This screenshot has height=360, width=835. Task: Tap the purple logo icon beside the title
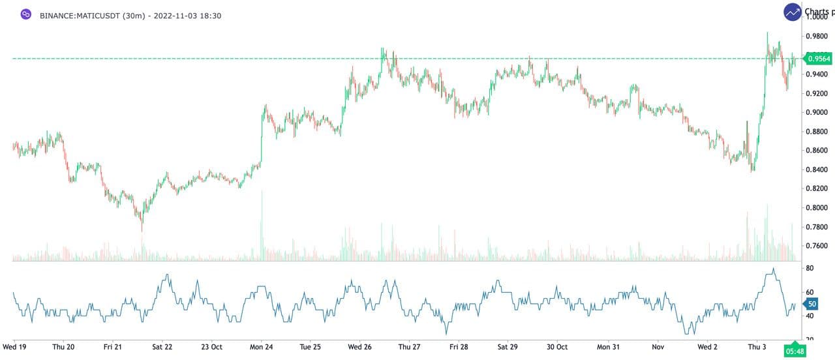tap(26, 14)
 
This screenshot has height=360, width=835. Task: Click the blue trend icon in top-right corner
tap(793, 12)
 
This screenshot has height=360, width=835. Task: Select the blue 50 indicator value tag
tap(811, 304)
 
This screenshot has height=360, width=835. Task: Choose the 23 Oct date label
tap(212, 347)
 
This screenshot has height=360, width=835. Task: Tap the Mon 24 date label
tap(261, 347)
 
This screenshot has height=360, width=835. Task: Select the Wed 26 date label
tap(359, 347)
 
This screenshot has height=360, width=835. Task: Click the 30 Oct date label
tap(557, 347)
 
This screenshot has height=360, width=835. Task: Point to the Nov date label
tap(658, 347)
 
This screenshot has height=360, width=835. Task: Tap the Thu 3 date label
tap(757, 347)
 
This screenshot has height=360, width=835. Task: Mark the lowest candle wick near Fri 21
tap(142, 230)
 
